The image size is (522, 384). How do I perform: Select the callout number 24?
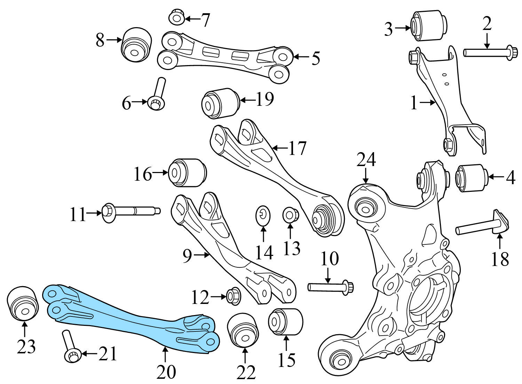366,160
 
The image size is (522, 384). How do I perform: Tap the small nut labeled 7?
177,17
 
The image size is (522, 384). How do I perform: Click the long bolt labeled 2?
487,53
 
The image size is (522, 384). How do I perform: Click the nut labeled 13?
289,215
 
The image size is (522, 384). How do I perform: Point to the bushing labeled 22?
243,330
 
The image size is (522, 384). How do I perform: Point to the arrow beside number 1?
428,103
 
